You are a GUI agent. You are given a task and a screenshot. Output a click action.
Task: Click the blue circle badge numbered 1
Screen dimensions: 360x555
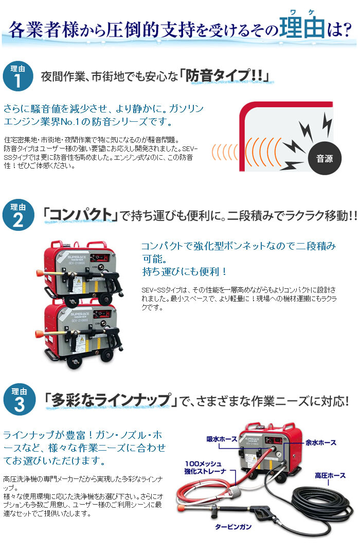point(17,76)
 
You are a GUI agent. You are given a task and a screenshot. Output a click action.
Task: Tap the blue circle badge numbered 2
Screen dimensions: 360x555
point(18,215)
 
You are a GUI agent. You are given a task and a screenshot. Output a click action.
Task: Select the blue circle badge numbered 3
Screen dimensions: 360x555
point(19,400)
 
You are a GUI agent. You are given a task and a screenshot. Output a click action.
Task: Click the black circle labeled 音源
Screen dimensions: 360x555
point(325,158)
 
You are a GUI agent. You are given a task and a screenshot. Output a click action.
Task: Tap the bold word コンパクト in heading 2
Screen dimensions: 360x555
point(80,215)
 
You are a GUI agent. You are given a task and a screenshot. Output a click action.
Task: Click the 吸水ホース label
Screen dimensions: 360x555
point(222,439)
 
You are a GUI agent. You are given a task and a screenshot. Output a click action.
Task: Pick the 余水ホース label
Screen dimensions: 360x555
point(321,443)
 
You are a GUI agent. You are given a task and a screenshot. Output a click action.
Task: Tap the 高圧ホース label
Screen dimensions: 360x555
point(330,475)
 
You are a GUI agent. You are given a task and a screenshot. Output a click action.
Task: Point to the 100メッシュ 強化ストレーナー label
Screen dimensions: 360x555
point(205,468)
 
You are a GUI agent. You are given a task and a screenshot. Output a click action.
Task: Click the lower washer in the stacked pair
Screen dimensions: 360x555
point(79,335)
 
